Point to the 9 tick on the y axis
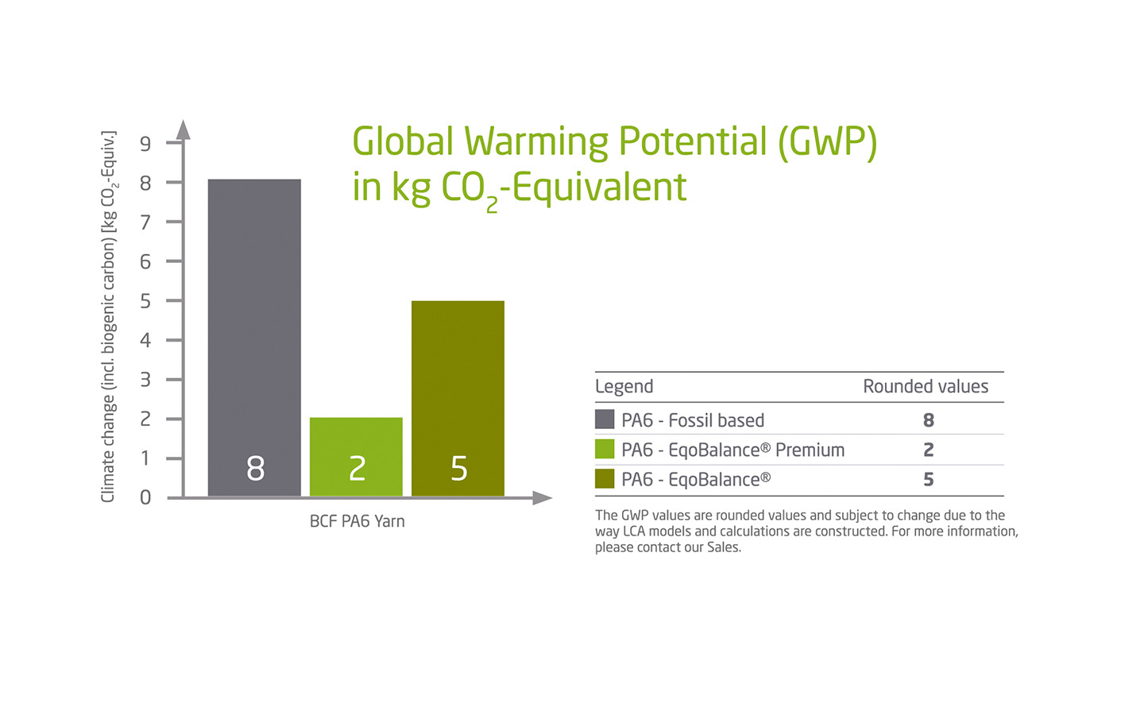pyautogui.click(x=145, y=144)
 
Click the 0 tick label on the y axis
pyautogui.click(x=145, y=497)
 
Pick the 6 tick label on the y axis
pyautogui.click(x=145, y=261)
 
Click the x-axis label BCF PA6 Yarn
pyautogui.click(x=357, y=521)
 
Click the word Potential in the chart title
pyautogui.click(x=692, y=141)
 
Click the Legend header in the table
pyautogui.click(x=624, y=387)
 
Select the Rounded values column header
pyautogui.click(x=926, y=387)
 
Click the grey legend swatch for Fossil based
pyautogui.click(x=605, y=419)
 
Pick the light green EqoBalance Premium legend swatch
pyautogui.click(x=605, y=450)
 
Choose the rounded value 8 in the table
pyautogui.click(x=928, y=420)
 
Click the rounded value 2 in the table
pyautogui.click(x=928, y=450)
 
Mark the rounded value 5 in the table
pyautogui.click(x=928, y=480)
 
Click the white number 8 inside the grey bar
pyautogui.click(x=255, y=469)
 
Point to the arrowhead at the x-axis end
pyautogui.click(x=543, y=498)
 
